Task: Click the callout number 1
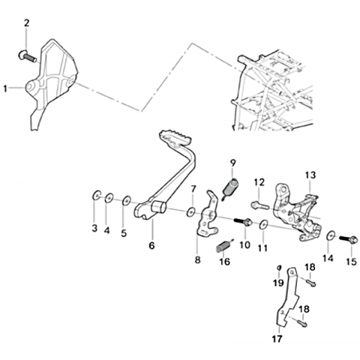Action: pos(5,88)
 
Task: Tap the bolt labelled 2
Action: pos(28,56)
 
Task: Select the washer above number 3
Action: pos(97,195)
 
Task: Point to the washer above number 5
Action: pos(126,200)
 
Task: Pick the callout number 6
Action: pos(151,245)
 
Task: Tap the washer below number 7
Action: pos(191,211)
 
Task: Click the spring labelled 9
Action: pos(230,188)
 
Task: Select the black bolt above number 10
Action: pos(243,222)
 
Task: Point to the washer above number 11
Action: pos(263,224)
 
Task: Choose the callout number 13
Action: pos(310,175)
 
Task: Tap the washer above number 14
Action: pos(331,236)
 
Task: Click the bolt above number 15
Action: pos(348,239)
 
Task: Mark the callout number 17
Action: pos(277,339)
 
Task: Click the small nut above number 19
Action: pos(279,268)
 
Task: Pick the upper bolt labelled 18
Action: pos(310,283)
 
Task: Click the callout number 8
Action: pos(197,260)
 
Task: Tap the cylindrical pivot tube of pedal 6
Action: pos(159,207)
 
